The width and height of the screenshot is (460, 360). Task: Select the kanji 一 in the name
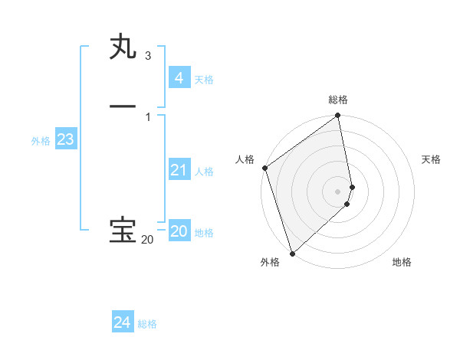coord(123,106)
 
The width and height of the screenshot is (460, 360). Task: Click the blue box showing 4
coord(179,78)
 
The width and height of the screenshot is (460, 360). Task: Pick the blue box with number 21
coord(179,170)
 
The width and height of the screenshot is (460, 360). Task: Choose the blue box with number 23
coord(65,139)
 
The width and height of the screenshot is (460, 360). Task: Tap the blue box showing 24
coord(123,322)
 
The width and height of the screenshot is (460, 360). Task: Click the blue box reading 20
coord(179,231)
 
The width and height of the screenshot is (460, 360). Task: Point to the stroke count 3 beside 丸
coord(148,56)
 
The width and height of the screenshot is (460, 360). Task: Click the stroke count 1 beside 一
coord(148,116)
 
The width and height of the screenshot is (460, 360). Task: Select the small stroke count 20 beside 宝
coord(146,240)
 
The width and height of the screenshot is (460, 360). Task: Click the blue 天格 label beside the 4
coord(204,80)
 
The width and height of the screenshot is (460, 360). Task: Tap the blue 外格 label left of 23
coord(41,141)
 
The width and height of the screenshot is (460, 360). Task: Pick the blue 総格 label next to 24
coord(147,324)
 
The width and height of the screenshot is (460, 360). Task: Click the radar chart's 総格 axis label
coord(338,100)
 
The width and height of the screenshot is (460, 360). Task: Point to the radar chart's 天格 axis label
coord(431,159)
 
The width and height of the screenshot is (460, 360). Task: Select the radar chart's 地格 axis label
coord(402,262)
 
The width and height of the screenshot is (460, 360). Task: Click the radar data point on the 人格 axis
coord(264,168)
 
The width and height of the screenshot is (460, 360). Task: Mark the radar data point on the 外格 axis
coord(292,253)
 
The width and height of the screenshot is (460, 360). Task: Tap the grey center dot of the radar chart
coord(338,191)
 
